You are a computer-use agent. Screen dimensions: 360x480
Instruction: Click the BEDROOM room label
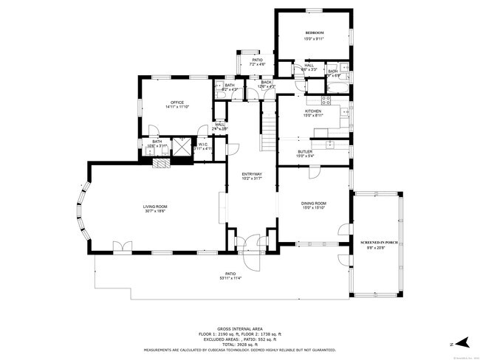tap(315, 34)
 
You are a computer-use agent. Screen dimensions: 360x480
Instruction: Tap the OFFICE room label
tap(176, 103)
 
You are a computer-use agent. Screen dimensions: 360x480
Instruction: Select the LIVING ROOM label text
tap(155, 207)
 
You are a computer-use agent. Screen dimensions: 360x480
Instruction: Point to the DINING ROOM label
tap(314, 203)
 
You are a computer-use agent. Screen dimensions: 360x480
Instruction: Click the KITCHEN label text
tap(313, 111)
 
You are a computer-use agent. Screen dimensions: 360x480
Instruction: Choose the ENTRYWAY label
tap(252, 174)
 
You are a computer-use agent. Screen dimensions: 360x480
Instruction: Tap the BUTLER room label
tap(305, 151)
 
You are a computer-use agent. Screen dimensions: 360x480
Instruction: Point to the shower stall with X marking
tap(180, 145)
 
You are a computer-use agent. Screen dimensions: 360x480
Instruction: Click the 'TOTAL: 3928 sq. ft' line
tap(240, 345)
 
